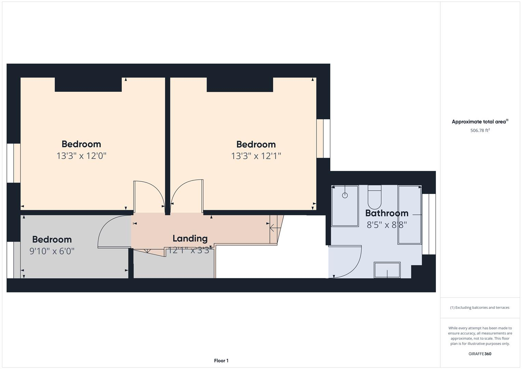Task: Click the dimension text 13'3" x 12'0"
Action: click(x=81, y=156)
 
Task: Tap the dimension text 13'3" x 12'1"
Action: click(x=256, y=156)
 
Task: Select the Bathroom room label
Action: click(x=387, y=213)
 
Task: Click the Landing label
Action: click(x=190, y=238)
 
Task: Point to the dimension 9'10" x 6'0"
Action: click(x=52, y=251)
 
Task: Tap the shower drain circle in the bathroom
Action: click(x=345, y=195)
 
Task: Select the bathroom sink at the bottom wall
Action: click(x=387, y=270)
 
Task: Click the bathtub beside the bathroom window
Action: click(x=410, y=215)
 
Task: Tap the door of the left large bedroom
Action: click(x=149, y=195)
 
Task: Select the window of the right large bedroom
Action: click(x=323, y=138)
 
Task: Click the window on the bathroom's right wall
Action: click(x=429, y=224)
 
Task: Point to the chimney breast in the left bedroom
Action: click(x=88, y=85)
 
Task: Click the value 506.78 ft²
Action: click(x=480, y=131)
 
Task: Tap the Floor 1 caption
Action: click(x=221, y=360)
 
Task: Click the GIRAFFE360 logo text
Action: click(x=480, y=354)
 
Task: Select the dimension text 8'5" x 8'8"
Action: click(x=387, y=225)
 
